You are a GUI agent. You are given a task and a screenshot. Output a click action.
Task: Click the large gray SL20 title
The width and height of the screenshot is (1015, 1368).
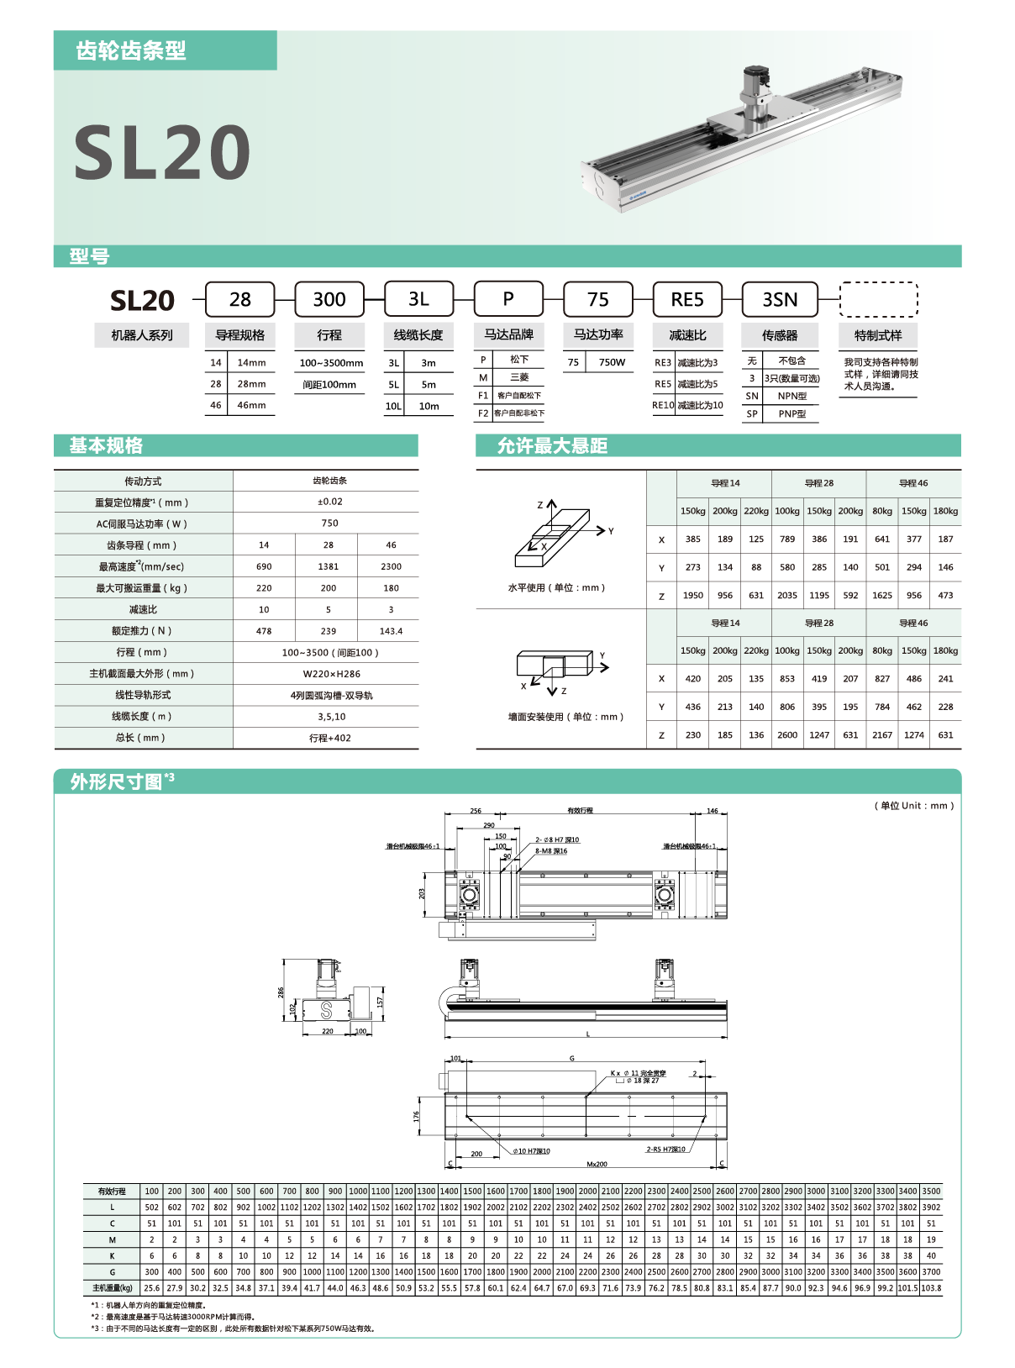click(x=162, y=153)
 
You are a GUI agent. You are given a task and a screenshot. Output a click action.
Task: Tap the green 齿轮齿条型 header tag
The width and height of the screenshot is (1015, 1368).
click(x=131, y=50)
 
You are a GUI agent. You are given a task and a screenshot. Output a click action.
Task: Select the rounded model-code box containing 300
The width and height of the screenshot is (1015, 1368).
click(x=329, y=299)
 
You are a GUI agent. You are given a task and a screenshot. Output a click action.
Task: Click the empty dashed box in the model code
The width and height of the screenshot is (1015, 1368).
click(x=878, y=299)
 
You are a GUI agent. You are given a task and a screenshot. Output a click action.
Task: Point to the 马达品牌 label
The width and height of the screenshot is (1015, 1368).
click(x=508, y=334)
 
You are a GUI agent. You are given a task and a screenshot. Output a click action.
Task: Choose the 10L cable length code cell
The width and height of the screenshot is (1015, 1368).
click(x=393, y=406)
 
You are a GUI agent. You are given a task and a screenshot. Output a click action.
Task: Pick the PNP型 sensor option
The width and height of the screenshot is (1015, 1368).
click(x=791, y=413)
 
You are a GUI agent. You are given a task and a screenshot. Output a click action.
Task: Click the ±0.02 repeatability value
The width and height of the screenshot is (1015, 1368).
click(x=329, y=502)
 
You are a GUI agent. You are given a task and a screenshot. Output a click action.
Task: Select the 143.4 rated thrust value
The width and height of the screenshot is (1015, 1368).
click(x=391, y=631)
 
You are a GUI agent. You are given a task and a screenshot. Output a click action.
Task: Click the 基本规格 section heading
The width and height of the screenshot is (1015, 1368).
click(x=106, y=445)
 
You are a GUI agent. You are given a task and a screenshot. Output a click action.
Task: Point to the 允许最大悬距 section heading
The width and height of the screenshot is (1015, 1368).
click(x=552, y=445)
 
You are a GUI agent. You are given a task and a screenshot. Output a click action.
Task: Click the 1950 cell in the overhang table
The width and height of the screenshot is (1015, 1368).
click(x=692, y=595)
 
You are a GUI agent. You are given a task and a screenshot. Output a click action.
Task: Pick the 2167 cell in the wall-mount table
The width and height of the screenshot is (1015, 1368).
click(x=881, y=734)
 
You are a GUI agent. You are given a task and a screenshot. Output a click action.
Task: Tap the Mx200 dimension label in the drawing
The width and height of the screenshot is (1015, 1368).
click(x=597, y=1164)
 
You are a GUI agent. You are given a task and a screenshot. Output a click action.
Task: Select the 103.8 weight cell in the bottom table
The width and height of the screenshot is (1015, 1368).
click(x=931, y=1287)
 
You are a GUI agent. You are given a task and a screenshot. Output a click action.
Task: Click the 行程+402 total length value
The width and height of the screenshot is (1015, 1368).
click(x=329, y=738)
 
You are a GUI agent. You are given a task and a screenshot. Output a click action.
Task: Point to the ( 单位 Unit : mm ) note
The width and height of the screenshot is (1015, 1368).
click(x=914, y=805)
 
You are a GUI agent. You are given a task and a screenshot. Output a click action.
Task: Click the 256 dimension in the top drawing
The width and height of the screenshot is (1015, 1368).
click(x=476, y=811)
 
